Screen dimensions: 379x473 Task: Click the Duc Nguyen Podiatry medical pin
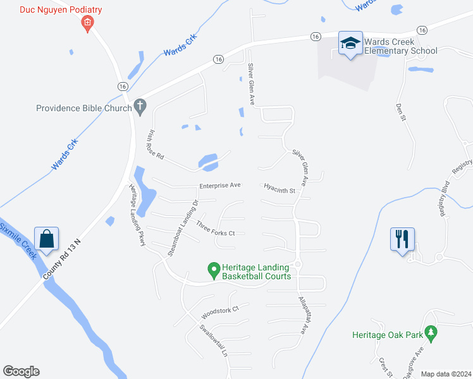87,24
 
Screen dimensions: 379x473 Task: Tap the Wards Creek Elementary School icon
350,43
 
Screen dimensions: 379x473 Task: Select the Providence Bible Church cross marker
141,107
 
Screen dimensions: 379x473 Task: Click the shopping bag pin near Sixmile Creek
47,239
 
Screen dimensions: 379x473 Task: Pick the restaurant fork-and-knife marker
402,239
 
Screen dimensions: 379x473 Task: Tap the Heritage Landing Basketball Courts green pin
214,271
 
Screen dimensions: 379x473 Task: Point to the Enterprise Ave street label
220,186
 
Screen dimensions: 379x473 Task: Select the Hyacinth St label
280,188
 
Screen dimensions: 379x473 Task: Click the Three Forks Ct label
216,229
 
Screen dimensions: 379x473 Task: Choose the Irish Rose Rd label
156,145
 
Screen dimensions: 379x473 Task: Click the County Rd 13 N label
64,259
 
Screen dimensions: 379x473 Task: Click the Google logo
21,371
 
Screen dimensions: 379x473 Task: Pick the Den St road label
400,113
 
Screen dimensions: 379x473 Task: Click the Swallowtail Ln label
214,340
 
